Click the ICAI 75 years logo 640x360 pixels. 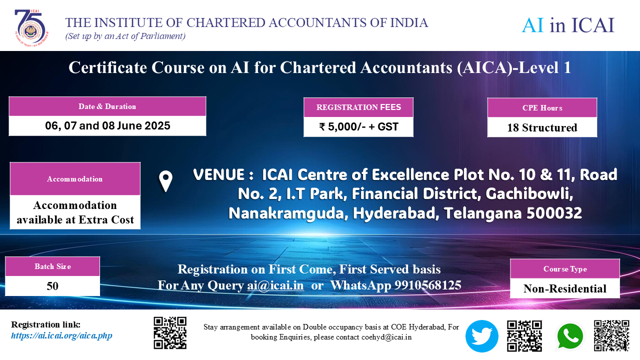point(31,27)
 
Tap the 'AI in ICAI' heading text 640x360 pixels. point(568,25)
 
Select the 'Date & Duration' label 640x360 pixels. point(107,106)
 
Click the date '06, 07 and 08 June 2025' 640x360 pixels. point(107,125)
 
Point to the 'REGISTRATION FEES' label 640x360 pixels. point(358,107)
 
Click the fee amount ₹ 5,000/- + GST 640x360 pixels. point(358,127)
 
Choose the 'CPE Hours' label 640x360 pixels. point(542,108)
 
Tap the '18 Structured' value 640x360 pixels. point(542,127)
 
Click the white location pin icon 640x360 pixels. point(165,181)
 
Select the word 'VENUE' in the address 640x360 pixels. point(219,174)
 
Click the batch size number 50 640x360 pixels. point(52,286)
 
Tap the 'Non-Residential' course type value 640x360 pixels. point(565,289)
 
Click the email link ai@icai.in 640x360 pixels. point(275,285)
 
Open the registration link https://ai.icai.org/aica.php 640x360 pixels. point(61,335)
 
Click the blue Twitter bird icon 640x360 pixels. point(481,336)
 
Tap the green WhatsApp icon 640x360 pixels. point(570,336)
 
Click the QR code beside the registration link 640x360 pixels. point(170,333)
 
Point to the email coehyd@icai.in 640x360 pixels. point(386,337)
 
